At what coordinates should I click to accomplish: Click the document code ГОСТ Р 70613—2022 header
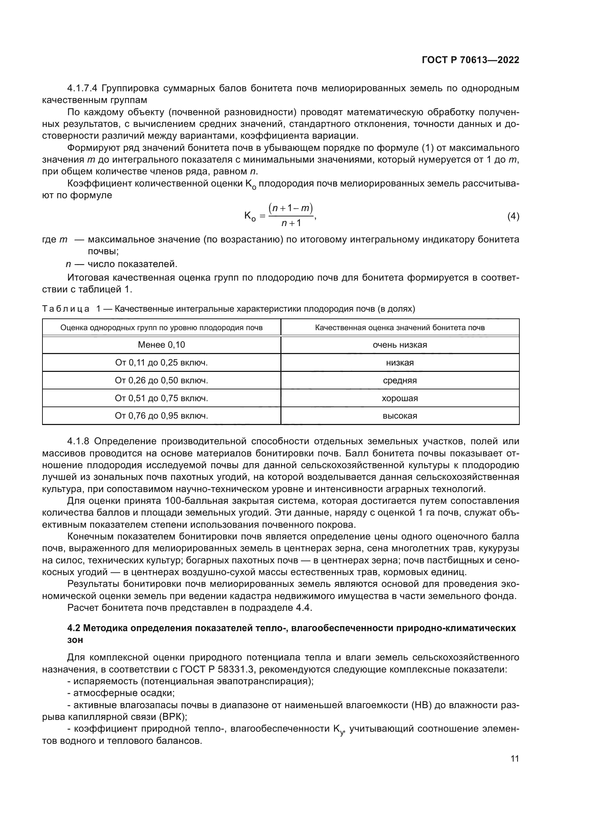[470, 60]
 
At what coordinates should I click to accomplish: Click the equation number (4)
[513, 216]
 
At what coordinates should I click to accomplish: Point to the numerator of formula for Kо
[291, 208]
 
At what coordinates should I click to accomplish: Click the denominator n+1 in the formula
[291, 223]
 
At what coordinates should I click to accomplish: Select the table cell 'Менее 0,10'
[161, 345]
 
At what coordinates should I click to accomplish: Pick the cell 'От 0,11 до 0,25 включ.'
[161, 363]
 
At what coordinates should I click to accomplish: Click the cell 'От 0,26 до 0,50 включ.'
[161, 380]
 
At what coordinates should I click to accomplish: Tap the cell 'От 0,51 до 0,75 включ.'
[161, 398]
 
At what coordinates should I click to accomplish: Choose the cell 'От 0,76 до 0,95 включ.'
[161, 416]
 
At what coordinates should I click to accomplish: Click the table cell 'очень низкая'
[400, 345]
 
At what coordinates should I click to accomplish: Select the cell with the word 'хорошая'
[400, 398]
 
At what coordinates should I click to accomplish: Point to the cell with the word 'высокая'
[400, 416]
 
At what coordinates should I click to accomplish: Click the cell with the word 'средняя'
[400, 380]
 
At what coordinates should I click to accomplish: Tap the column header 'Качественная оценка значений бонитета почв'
[400, 328]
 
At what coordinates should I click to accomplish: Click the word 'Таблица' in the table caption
[66, 309]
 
